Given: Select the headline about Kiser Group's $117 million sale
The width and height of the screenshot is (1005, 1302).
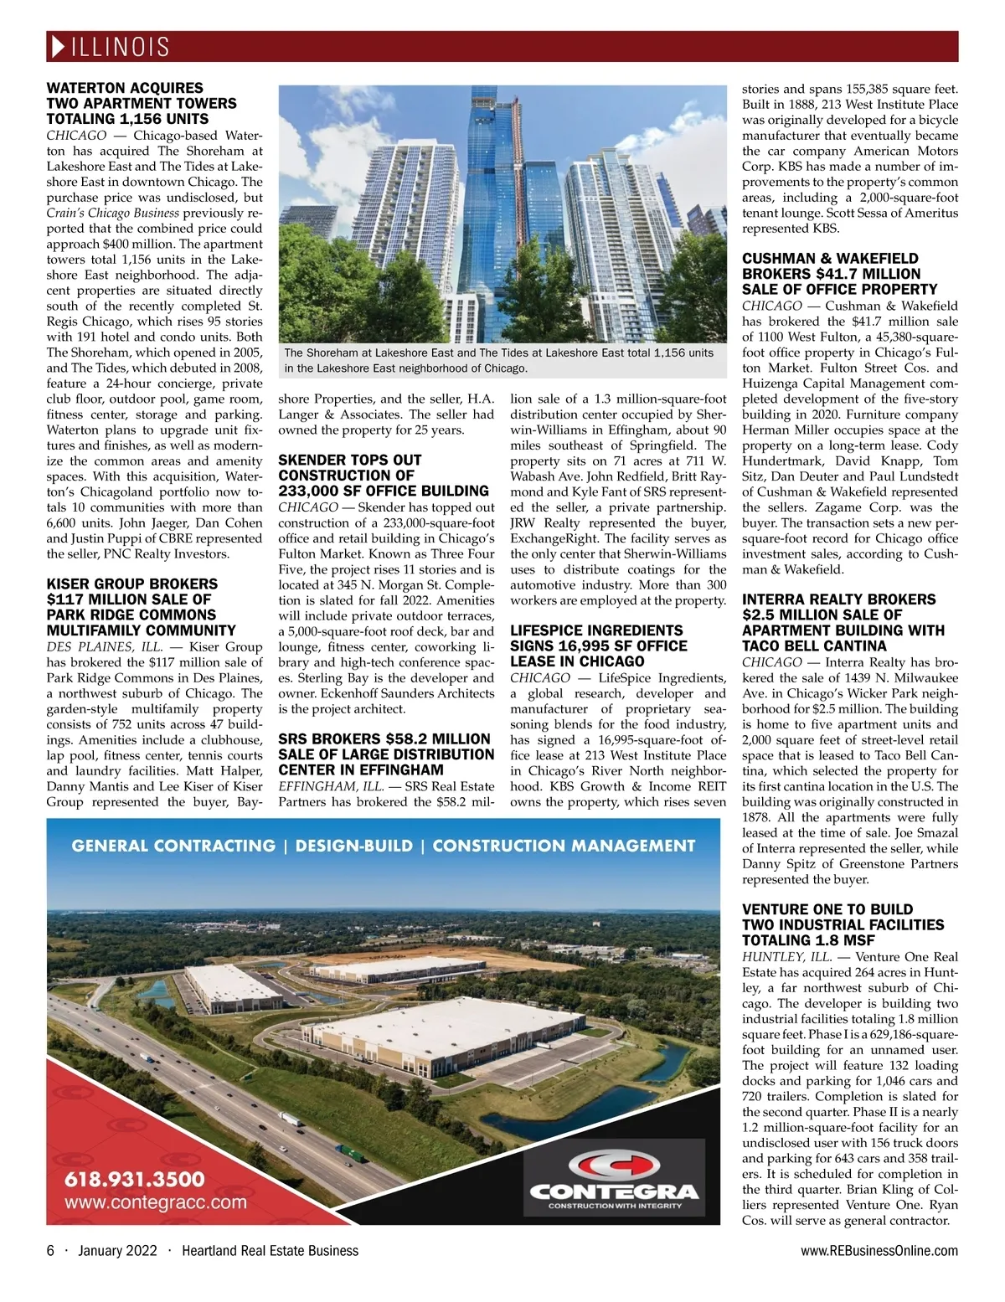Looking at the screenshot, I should [x=141, y=607].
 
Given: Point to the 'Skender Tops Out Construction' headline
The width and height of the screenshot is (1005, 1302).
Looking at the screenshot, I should [x=383, y=476].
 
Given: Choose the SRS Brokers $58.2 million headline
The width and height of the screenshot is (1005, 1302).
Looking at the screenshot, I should [x=385, y=754].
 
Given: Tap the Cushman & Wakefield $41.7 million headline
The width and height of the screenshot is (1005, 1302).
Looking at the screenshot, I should [x=839, y=274].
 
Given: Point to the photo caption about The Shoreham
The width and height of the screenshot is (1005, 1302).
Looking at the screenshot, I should [x=498, y=361].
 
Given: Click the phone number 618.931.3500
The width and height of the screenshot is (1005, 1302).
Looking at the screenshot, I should [x=135, y=1179].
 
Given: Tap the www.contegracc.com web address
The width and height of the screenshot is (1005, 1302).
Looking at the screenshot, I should [x=156, y=1203].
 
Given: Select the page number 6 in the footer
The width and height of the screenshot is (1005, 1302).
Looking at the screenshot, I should [x=50, y=1251].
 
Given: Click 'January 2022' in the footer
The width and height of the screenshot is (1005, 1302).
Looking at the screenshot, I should [x=117, y=1251].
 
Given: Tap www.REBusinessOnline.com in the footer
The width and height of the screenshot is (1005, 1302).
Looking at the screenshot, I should [x=879, y=1251].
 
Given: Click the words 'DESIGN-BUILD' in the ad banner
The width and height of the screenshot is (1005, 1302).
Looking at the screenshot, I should [x=354, y=846].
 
